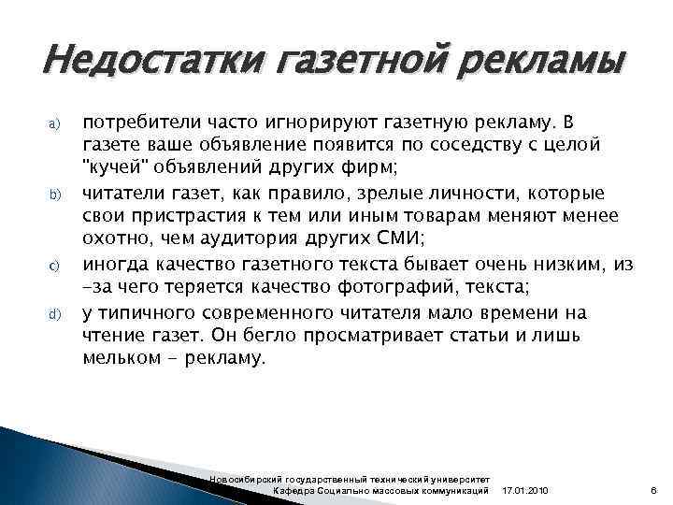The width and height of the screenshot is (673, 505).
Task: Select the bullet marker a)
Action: pyautogui.click(x=54, y=123)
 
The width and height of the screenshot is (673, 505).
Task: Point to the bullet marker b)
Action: pyautogui.click(x=54, y=195)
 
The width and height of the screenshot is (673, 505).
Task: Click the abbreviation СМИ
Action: pyautogui.click(x=384, y=240)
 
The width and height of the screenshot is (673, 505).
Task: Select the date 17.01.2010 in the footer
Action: pyautogui.click(x=526, y=491)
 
